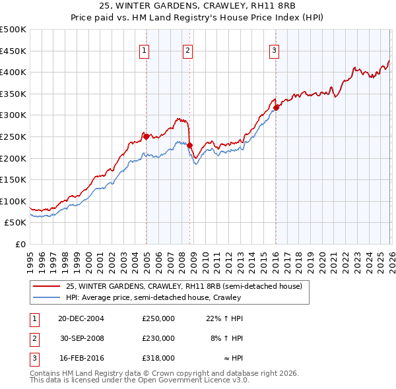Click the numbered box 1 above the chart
144,49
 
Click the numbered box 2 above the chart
187,49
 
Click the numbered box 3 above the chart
274,49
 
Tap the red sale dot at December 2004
147,136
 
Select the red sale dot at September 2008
190,145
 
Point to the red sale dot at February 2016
276,107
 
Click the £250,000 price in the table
158,318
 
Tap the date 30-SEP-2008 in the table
82,338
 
